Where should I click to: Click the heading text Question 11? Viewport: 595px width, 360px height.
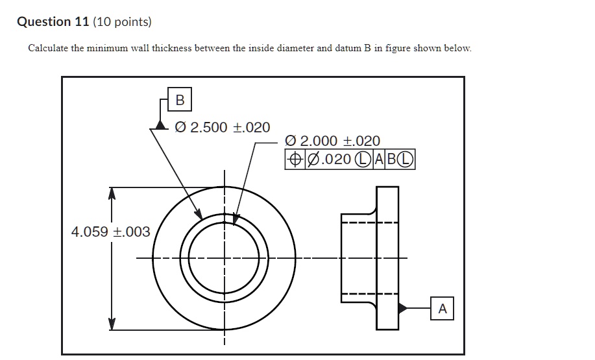click(44, 22)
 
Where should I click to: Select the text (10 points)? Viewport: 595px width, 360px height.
click(123, 22)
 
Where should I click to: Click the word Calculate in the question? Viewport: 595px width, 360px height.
click(49, 49)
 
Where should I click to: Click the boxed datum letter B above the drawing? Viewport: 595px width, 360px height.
click(180, 100)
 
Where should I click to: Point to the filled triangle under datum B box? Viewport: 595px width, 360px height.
click(161, 125)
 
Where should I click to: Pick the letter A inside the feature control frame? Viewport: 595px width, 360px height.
click(376, 160)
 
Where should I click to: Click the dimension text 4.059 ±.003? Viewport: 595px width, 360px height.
click(111, 232)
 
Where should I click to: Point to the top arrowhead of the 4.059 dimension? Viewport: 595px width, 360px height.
click(112, 193)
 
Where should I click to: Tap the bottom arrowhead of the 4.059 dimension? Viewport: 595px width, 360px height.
click(112, 324)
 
